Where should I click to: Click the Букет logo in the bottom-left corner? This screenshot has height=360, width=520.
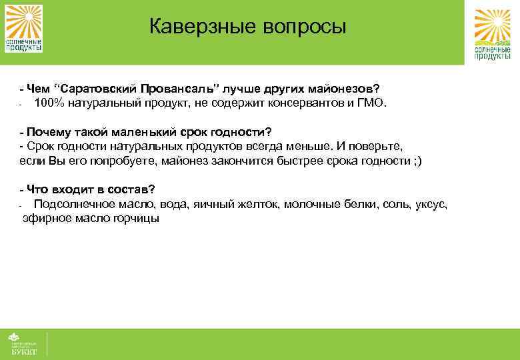[23, 343]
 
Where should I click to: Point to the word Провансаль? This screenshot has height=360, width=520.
[175, 89]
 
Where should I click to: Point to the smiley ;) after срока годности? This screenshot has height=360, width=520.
[417, 160]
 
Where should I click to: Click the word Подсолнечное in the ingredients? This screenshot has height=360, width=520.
[71, 203]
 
